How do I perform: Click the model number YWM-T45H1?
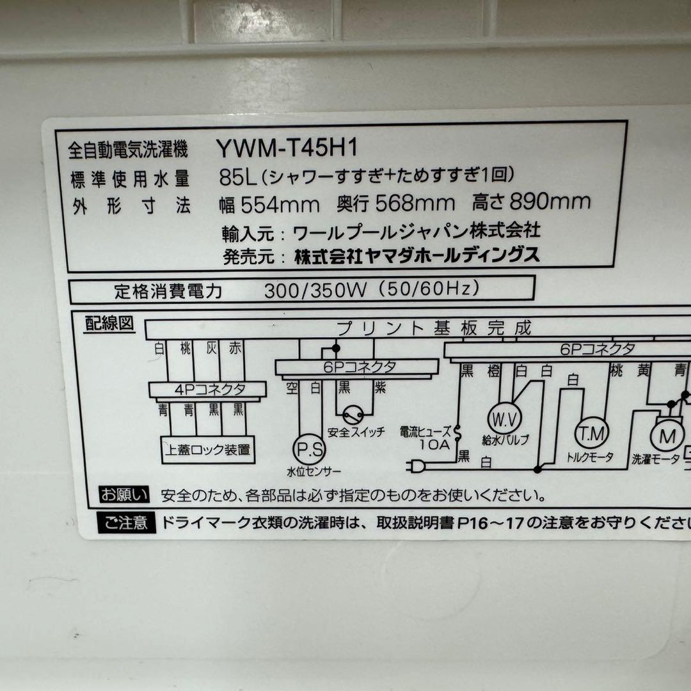coord(286,148)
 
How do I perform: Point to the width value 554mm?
coord(278,204)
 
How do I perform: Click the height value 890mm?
coord(548,203)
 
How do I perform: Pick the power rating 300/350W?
coord(314,290)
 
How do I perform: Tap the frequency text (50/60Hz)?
coord(429,290)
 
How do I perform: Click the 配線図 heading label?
coord(110,324)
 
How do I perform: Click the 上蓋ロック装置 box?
coord(207,450)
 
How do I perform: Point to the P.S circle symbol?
coord(309,448)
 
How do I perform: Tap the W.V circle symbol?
coord(504,418)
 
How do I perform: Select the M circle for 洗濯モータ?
coord(667,437)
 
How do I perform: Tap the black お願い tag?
coord(125,494)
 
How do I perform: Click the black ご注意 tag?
coord(126,523)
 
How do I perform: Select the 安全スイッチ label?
coord(356,432)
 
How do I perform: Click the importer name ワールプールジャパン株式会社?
coord(416,230)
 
